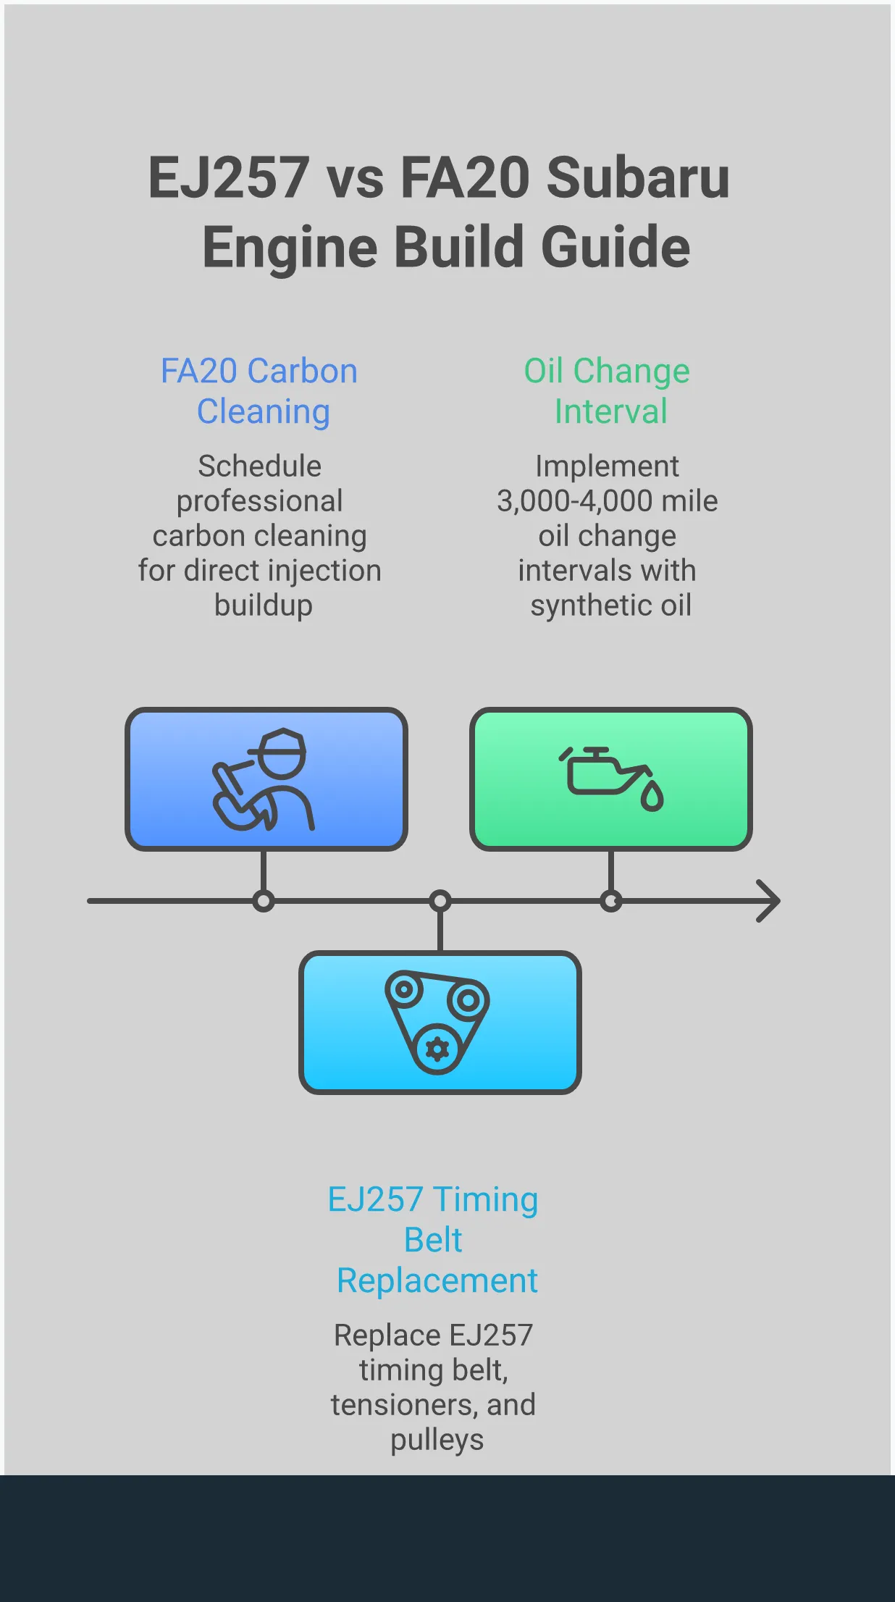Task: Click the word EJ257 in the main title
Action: (229, 177)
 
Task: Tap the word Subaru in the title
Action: (638, 177)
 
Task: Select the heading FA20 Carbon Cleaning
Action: (260, 391)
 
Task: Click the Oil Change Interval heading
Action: (608, 391)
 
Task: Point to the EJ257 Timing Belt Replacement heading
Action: (434, 1240)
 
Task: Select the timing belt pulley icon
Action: (437, 1022)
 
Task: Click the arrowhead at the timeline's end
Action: (769, 901)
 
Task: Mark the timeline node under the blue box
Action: (264, 901)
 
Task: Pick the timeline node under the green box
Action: (611, 901)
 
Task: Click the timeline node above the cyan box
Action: (440, 901)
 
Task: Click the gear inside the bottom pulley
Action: (437, 1049)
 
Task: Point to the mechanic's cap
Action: (280, 743)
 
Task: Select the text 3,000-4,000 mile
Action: (608, 501)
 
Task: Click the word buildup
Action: (264, 605)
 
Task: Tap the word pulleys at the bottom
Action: (437, 1440)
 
